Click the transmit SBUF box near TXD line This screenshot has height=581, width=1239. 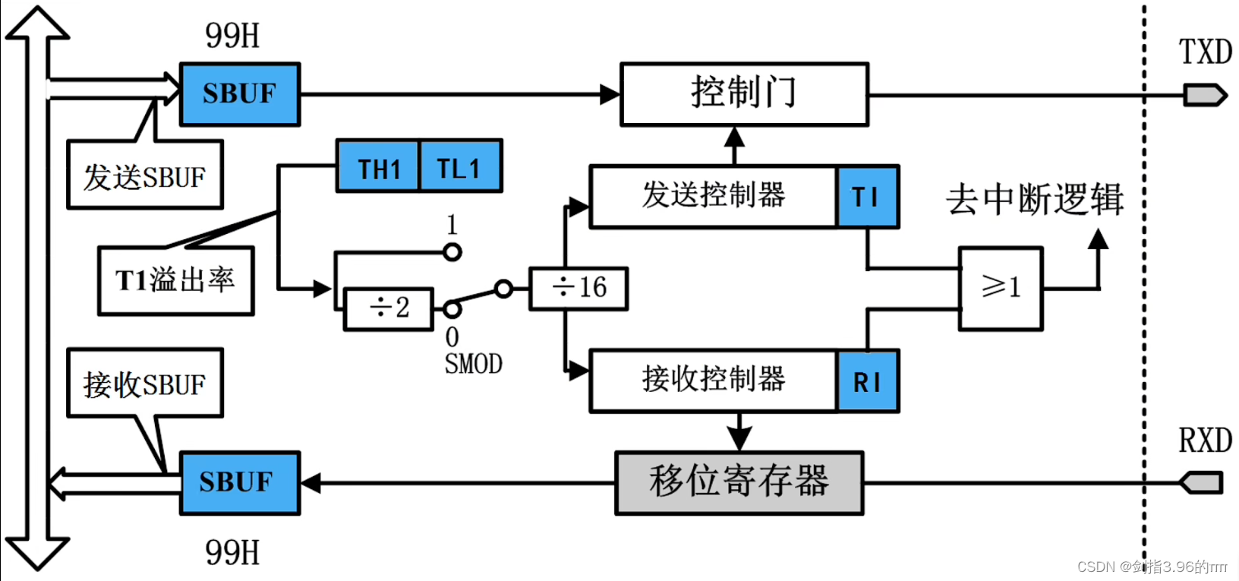coord(240,94)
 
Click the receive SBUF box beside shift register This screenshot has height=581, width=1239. coord(240,483)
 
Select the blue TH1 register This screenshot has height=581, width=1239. coord(378,166)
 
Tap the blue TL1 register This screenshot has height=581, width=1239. coord(460,166)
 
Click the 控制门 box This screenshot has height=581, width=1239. coord(744,94)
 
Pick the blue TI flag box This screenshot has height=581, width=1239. coord(868,197)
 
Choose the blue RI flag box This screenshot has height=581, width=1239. coord(868,381)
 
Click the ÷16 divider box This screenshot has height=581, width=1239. coord(579,288)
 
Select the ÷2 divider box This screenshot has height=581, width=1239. coord(389,308)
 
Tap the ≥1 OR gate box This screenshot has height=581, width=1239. coord(1001,288)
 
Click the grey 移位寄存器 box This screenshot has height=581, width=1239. coord(739,483)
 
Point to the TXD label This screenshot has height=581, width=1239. coord(1205,52)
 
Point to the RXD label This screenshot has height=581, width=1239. coord(1205,440)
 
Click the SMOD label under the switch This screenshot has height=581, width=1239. coord(473,365)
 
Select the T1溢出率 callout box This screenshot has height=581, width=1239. coord(175,280)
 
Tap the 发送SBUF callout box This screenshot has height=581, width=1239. coord(144,176)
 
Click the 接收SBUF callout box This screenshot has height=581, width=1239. coord(144,384)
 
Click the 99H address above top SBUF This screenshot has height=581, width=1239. coord(232,35)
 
